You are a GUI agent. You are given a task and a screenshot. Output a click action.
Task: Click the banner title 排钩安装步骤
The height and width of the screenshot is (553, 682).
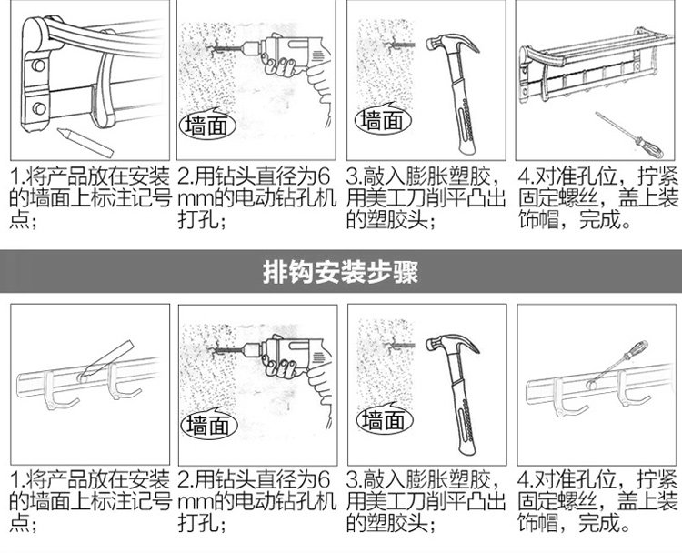tap(340, 272)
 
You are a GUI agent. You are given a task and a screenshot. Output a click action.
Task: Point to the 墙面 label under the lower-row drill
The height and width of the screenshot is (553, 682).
tap(208, 425)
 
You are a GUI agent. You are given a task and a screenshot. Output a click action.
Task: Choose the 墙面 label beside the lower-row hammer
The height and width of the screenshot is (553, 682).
tap(379, 419)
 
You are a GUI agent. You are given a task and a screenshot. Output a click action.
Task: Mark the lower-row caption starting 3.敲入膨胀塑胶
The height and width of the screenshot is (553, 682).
tap(428, 501)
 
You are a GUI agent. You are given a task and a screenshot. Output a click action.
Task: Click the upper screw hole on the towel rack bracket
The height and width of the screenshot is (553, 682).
tap(37, 66)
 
